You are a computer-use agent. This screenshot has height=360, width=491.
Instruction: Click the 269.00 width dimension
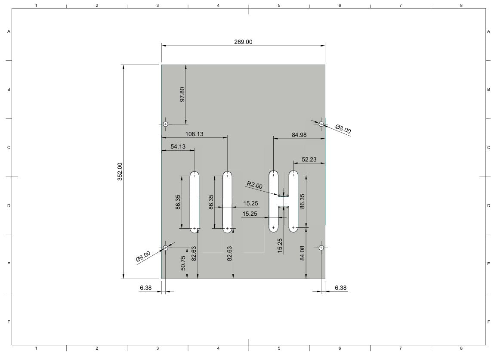243,42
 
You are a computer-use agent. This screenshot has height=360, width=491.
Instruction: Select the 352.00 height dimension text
120,171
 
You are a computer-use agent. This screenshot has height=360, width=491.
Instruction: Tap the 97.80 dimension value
182,94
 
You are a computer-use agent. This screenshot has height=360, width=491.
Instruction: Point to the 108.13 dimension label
194,134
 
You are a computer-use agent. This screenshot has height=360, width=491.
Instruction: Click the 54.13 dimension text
178,147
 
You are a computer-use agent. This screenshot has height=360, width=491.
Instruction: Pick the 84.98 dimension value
299,135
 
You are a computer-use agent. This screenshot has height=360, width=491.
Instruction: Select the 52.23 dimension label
309,159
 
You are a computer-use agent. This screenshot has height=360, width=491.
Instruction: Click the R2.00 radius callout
255,185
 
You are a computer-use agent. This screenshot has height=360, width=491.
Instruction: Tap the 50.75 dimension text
183,263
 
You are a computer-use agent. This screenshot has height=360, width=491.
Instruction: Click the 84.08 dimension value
302,253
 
